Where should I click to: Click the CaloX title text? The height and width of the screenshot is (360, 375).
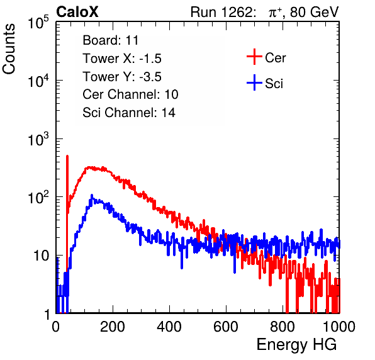click(x=77, y=12)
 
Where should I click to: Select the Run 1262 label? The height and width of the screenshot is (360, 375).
click(x=221, y=12)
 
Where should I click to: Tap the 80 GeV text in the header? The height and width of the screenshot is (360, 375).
click(x=314, y=12)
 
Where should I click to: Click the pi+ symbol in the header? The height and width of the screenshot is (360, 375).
click(x=275, y=13)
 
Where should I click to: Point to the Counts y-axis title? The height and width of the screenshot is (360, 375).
click(x=9, y=49)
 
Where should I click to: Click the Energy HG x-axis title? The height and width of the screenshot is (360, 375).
click(x=296, y=345)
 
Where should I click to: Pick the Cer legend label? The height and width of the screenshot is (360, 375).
click(x=275, y=58)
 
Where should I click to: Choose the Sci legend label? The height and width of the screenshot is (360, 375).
click(x=274, y=84)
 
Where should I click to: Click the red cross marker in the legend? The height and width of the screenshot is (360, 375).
click(x=254, y=57)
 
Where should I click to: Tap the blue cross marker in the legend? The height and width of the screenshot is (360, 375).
click(x=254, y=82)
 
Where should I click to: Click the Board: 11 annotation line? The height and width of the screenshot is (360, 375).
click(x=111, y=40)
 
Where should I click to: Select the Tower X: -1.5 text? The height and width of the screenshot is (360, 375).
click(x=122, y=59)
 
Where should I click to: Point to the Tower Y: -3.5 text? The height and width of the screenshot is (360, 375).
click(x=122, y=77)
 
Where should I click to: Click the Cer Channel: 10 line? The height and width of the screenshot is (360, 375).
click(x=130, y=94)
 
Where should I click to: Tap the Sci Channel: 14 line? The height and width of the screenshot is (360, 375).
click(x=129, y=113)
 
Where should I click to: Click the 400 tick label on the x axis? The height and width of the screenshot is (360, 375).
click(x=169, y=327)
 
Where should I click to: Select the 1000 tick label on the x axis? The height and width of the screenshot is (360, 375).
click(x=339, y=327)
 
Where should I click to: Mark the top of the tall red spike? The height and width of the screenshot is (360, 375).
click(x=67, y=156)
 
